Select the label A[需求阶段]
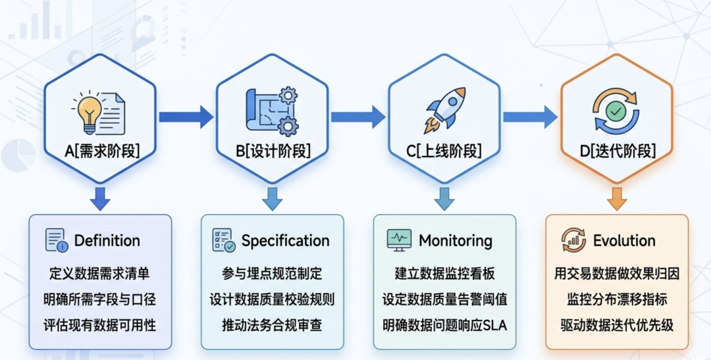point(101,151)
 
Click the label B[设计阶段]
point(273,151)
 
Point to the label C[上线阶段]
point(444,151)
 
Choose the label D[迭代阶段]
point(617,151)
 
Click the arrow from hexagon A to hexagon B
point(186,117)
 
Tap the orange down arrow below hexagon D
point(617,198)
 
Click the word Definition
point(107,241)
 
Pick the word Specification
point(285,241)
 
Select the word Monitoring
point(456,241)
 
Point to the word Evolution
point(624,241)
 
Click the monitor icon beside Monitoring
point(399,240)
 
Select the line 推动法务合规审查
point(272,325)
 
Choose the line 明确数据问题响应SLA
point(444,325)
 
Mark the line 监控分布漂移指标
point(617,299)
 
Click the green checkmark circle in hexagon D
point(616,112)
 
